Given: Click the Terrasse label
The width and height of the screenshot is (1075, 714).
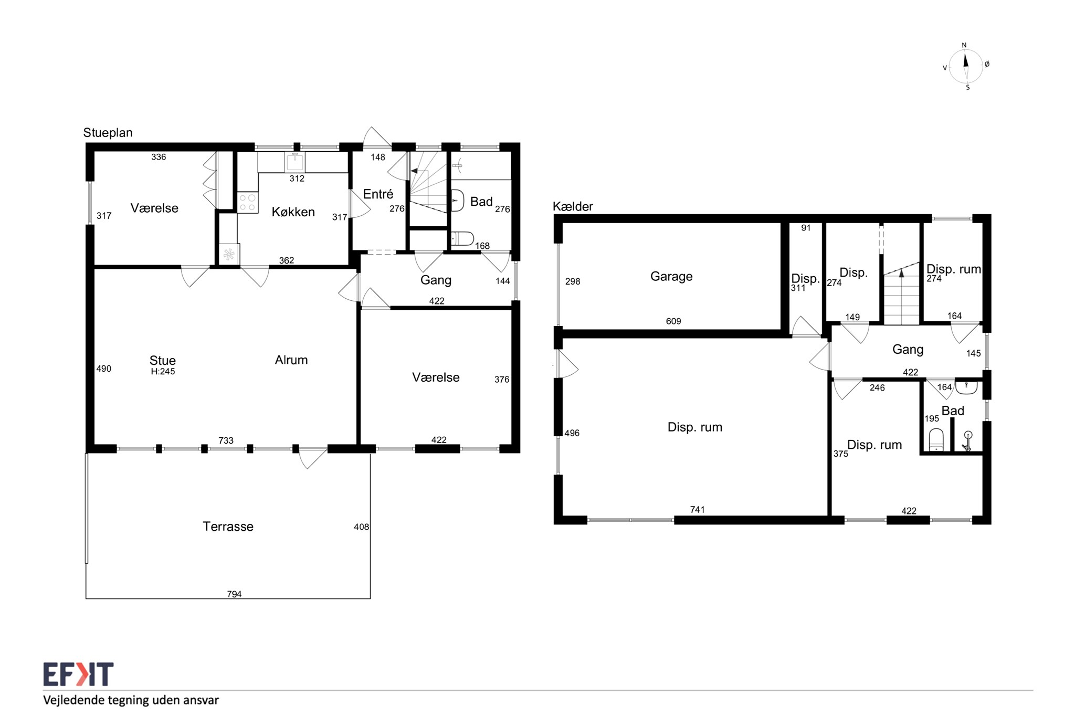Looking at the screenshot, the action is tap(228, 527).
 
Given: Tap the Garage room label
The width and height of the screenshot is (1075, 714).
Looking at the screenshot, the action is tap(671, 277).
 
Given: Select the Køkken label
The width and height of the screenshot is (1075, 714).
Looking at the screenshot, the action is tap(293, 212).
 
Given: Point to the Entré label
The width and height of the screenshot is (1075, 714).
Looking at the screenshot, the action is tap(378, 194).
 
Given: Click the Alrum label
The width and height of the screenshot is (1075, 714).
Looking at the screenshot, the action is tap(291, 360).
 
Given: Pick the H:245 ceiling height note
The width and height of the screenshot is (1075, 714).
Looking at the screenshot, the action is tap(163, 372).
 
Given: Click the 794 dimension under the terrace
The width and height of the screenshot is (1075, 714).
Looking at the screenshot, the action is tap(234, 594).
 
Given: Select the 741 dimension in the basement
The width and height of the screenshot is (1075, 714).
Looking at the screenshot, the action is tap(697, 510).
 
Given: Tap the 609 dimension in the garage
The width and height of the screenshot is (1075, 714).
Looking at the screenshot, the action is tap(673, 321).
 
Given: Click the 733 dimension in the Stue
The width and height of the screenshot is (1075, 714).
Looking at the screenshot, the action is tap(226, 440).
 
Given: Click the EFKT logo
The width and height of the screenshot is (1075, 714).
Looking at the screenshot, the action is tap(78, 674).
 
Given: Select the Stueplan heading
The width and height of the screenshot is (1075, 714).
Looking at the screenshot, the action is tap(108, 133).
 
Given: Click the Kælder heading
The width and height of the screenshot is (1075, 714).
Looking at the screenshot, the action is tap(573, 207).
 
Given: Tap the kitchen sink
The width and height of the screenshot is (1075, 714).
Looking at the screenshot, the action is tap(295, 162).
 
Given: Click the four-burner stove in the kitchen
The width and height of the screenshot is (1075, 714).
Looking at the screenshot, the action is tap(248, 203).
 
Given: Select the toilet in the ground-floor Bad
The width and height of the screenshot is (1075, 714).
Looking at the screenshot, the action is tap(462, 239).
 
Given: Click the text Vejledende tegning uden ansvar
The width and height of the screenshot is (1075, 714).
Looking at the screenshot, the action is tap(131, 700).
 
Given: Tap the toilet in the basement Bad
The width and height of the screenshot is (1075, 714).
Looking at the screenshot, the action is tap(936, 440).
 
